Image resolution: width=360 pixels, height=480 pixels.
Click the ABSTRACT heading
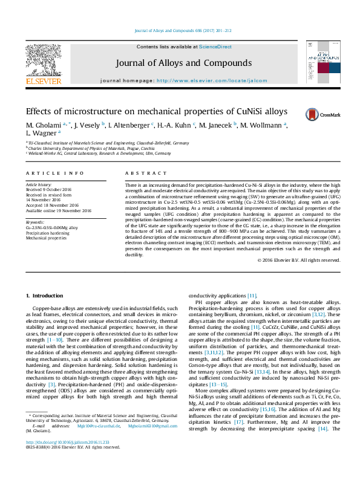(138, 173)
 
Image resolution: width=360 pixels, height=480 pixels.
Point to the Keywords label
(35, 222)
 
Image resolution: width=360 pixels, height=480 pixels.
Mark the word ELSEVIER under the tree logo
(43, 81)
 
